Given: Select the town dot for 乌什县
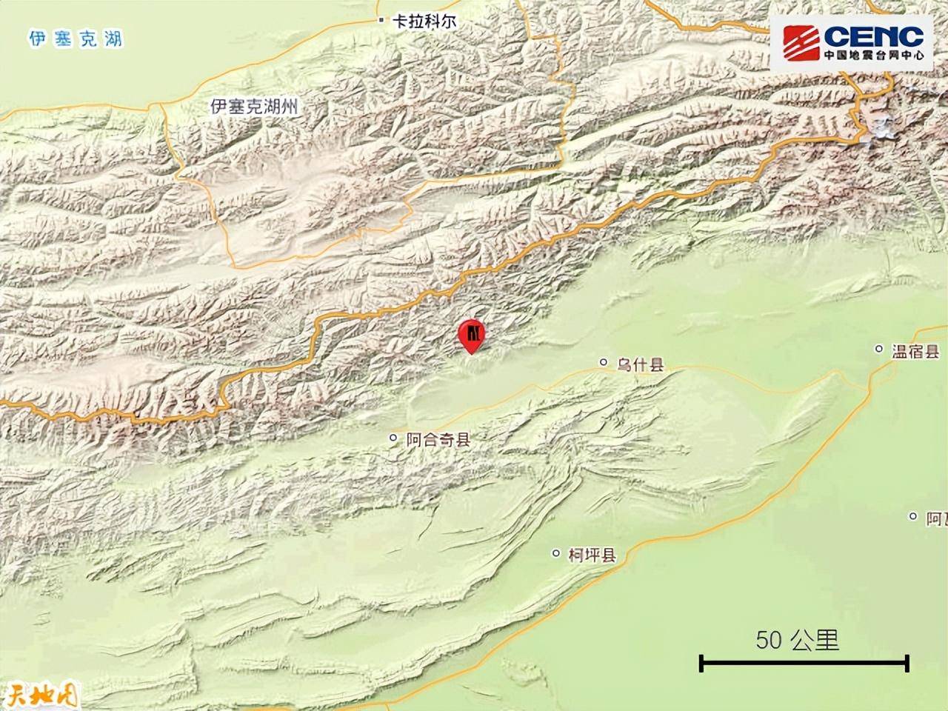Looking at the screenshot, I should coord(603,363).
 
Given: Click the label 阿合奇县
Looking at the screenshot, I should coord(438,440).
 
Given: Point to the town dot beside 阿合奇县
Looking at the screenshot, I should coord(393,438).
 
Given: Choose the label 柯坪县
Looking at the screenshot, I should coord(592,555).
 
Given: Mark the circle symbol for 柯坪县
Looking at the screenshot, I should coord(556,553).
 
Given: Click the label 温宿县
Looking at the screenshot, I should coord(915,351).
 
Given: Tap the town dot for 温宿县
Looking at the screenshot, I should coord(879,349).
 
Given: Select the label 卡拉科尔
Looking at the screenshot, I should coord(424,21).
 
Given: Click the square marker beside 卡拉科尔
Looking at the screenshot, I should coord(381,21).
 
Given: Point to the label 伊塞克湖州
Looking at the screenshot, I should coord(254,107).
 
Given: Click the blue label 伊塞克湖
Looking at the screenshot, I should coord(75,39).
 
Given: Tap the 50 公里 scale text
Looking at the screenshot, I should coord(797,640).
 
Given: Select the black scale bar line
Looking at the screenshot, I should coord(804,663).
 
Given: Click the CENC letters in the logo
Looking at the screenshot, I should coord(873,35).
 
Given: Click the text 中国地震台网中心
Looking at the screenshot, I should coord(873,55).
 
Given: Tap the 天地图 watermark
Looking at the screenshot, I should coord(41,696).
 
